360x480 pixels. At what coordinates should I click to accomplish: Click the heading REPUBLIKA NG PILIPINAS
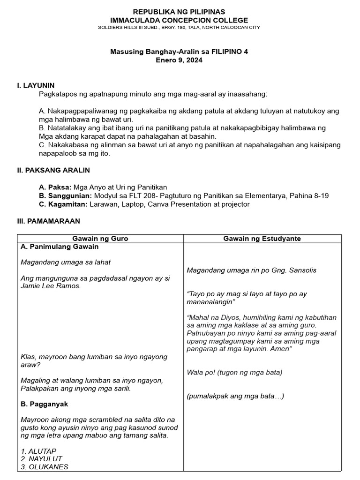179,11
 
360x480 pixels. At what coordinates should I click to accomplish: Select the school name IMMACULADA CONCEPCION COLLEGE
179,20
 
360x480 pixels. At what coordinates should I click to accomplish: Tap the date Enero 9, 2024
179,60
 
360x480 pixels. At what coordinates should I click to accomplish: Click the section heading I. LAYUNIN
36,85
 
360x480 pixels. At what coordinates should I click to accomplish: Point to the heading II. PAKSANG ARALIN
53,170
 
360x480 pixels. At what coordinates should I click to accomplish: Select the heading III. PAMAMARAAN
48,220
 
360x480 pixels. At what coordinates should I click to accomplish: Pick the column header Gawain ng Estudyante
262,239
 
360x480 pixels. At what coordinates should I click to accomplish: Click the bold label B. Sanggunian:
66,195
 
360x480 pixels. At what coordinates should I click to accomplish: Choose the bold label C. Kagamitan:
63,204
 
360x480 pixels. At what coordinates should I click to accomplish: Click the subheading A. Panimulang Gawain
60,247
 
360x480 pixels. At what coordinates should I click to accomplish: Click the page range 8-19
319,195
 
